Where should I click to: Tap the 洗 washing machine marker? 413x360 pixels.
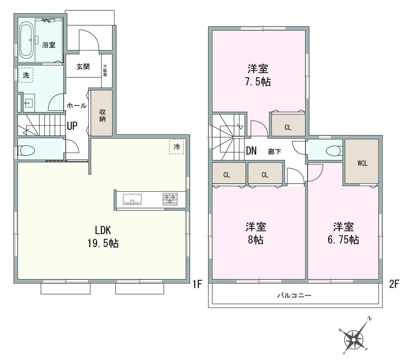(26, 75)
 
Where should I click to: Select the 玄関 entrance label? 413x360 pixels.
(83, 67)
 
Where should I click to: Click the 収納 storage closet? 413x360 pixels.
(102, 113)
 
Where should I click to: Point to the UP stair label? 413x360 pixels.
(72, 126)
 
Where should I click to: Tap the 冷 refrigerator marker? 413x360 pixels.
(177, 147)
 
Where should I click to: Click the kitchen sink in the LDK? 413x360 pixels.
(132, 200)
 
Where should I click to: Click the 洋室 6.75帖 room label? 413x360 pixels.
(344, 233)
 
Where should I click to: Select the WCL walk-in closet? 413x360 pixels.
(362, 162)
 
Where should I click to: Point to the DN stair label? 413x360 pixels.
(251, 151)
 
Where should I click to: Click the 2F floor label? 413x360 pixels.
(393, 284)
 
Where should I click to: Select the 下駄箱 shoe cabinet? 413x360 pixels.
(106, 71)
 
